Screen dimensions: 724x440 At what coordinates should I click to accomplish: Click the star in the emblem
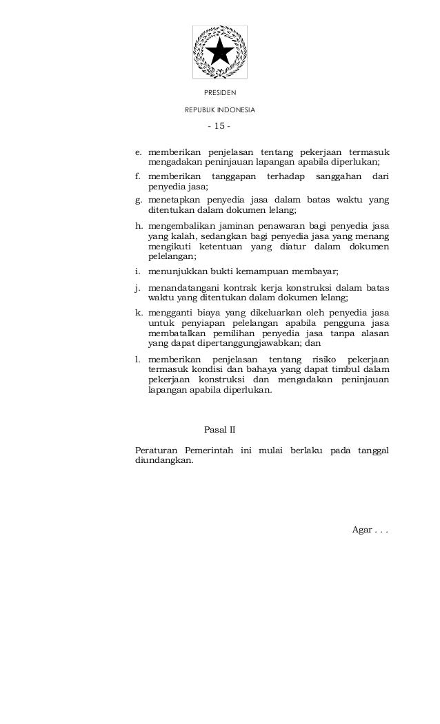[219, 52]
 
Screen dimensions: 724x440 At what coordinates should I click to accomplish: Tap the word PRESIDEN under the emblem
[219, 92]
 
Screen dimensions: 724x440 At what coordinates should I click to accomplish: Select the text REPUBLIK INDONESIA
[219, 110]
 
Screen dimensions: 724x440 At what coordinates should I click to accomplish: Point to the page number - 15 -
[219, 126]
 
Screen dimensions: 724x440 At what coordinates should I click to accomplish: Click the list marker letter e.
[138, 152]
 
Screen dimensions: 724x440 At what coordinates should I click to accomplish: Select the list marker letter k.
[138, 312]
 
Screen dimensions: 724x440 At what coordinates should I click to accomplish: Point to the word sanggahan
[338, 176]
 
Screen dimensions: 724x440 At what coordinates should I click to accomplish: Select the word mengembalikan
[181, 225]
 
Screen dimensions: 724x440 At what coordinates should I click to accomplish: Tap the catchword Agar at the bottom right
[362, 530]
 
